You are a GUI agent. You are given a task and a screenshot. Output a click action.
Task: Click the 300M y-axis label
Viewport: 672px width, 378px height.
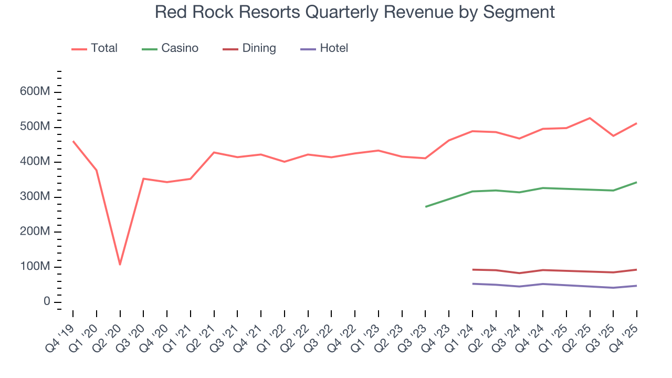(35, 197)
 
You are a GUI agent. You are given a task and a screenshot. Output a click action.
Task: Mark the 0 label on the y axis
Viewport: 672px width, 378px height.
(47, 302)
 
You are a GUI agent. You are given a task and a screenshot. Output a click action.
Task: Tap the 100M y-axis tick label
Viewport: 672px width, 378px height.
(35, 267)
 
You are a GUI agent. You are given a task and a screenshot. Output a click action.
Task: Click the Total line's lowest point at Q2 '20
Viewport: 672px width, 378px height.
(120, 264)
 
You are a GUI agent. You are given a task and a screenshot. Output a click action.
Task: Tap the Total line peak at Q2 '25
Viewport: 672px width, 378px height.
(590, 118)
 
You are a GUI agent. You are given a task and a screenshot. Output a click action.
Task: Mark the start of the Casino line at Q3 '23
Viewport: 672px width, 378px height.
(425, 206)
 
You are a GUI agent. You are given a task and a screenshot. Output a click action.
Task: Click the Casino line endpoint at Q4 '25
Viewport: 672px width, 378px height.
(637, 182)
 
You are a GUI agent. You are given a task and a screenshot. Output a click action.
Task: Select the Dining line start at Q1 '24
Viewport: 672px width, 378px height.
(472, 269)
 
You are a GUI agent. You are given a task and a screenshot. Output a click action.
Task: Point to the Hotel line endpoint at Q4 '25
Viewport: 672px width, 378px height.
(637, 286)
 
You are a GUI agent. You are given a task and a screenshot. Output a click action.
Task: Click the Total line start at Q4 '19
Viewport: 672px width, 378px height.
(72, 141)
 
